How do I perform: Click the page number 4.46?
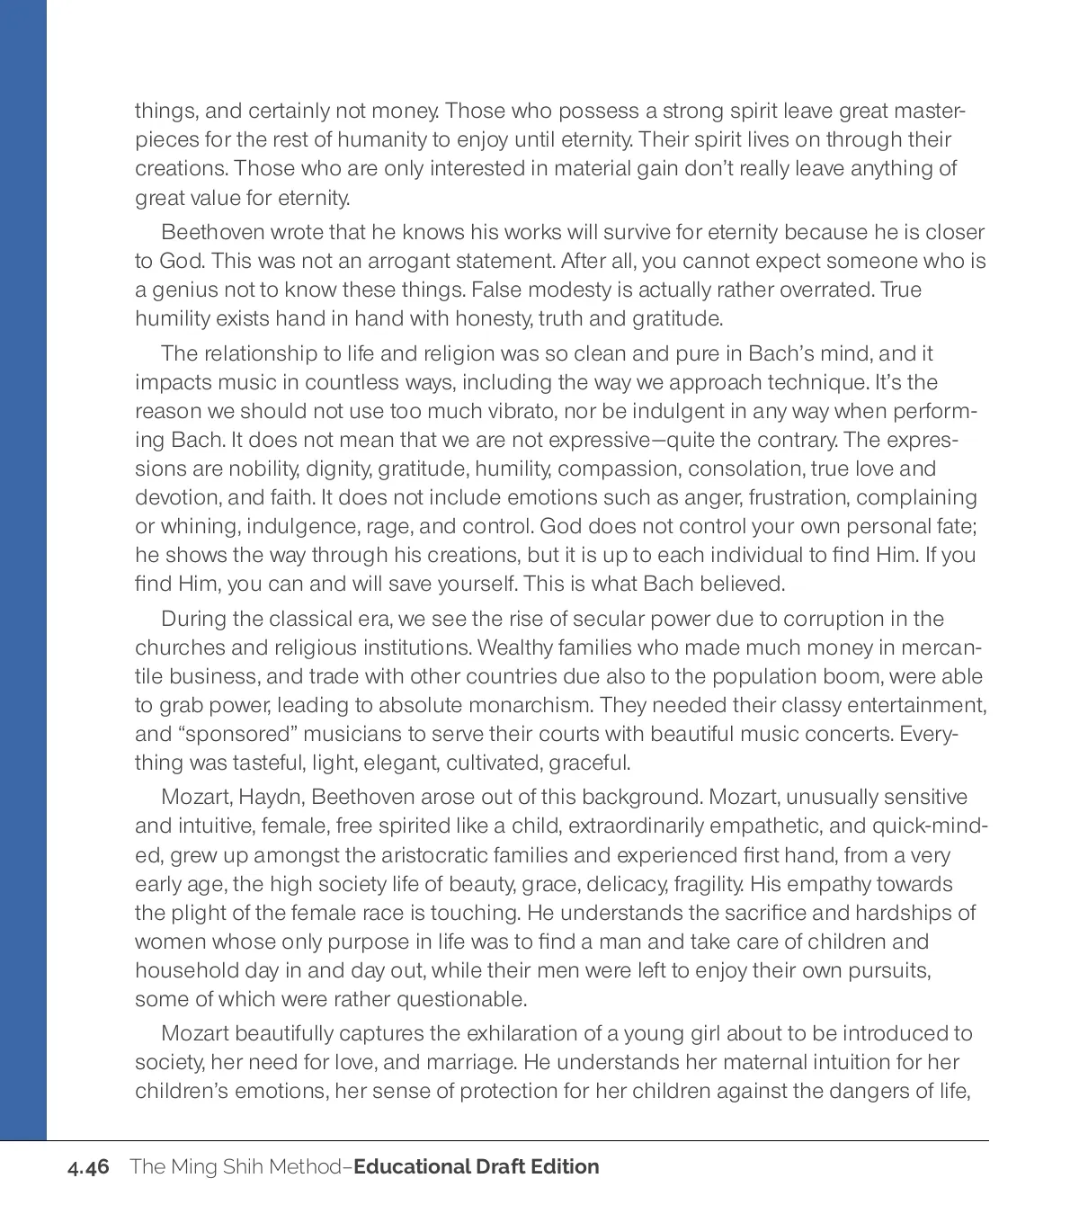88,1167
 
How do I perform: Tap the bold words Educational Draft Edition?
477,1167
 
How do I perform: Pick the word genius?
178,290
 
